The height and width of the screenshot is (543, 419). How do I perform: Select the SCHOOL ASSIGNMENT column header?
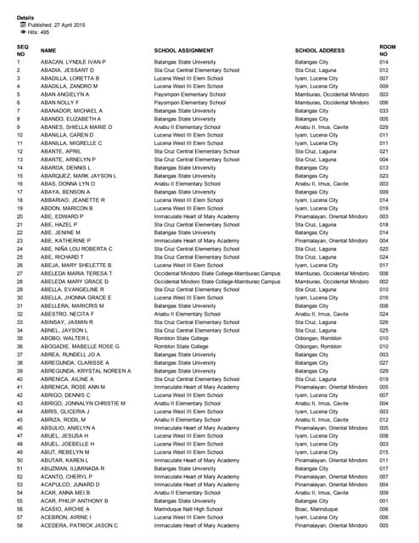pos(187,51)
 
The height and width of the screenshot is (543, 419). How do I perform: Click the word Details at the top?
pos(25,18)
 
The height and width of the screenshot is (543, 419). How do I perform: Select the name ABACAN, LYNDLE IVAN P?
pos(73,62)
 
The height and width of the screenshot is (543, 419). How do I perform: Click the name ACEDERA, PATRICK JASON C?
pos(78,525)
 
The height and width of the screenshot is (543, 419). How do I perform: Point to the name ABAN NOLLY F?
pos(60,102)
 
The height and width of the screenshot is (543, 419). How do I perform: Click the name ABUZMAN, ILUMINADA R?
pos(71,468)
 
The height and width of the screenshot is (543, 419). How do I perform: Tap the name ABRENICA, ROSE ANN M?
pos(75,387)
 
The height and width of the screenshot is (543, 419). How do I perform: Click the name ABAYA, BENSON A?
pos(64,192)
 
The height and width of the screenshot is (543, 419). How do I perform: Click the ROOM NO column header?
pos(388,49)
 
